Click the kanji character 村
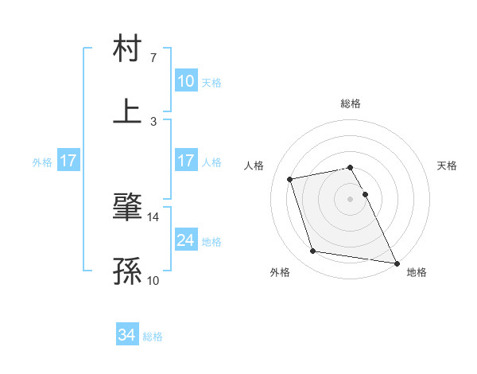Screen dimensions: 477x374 pos(128,49)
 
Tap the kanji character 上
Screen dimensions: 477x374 pos(128,111)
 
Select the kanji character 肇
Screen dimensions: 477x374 pos(128,209)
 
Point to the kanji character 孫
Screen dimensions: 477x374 pos(128,273)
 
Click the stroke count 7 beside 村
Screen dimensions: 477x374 pos(153,58)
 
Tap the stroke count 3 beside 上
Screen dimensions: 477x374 pos(153,121)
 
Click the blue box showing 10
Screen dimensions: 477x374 pos(185,81)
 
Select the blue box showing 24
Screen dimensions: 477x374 pos(185,240)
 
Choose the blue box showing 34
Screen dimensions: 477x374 pos(126,336)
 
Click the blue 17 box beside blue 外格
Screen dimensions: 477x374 pos(68,161)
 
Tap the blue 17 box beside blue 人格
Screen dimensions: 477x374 pos(185,161)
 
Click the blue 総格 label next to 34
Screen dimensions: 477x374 pos(153,337)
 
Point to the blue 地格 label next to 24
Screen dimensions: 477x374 pos(211,241)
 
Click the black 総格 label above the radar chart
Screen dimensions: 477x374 pos(351,103)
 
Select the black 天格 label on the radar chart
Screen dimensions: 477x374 pos(448,166)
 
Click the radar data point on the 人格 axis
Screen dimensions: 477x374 pos(290,178)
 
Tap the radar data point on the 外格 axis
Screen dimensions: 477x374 pos(312,251)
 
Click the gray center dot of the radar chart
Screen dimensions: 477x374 pos(351,198)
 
